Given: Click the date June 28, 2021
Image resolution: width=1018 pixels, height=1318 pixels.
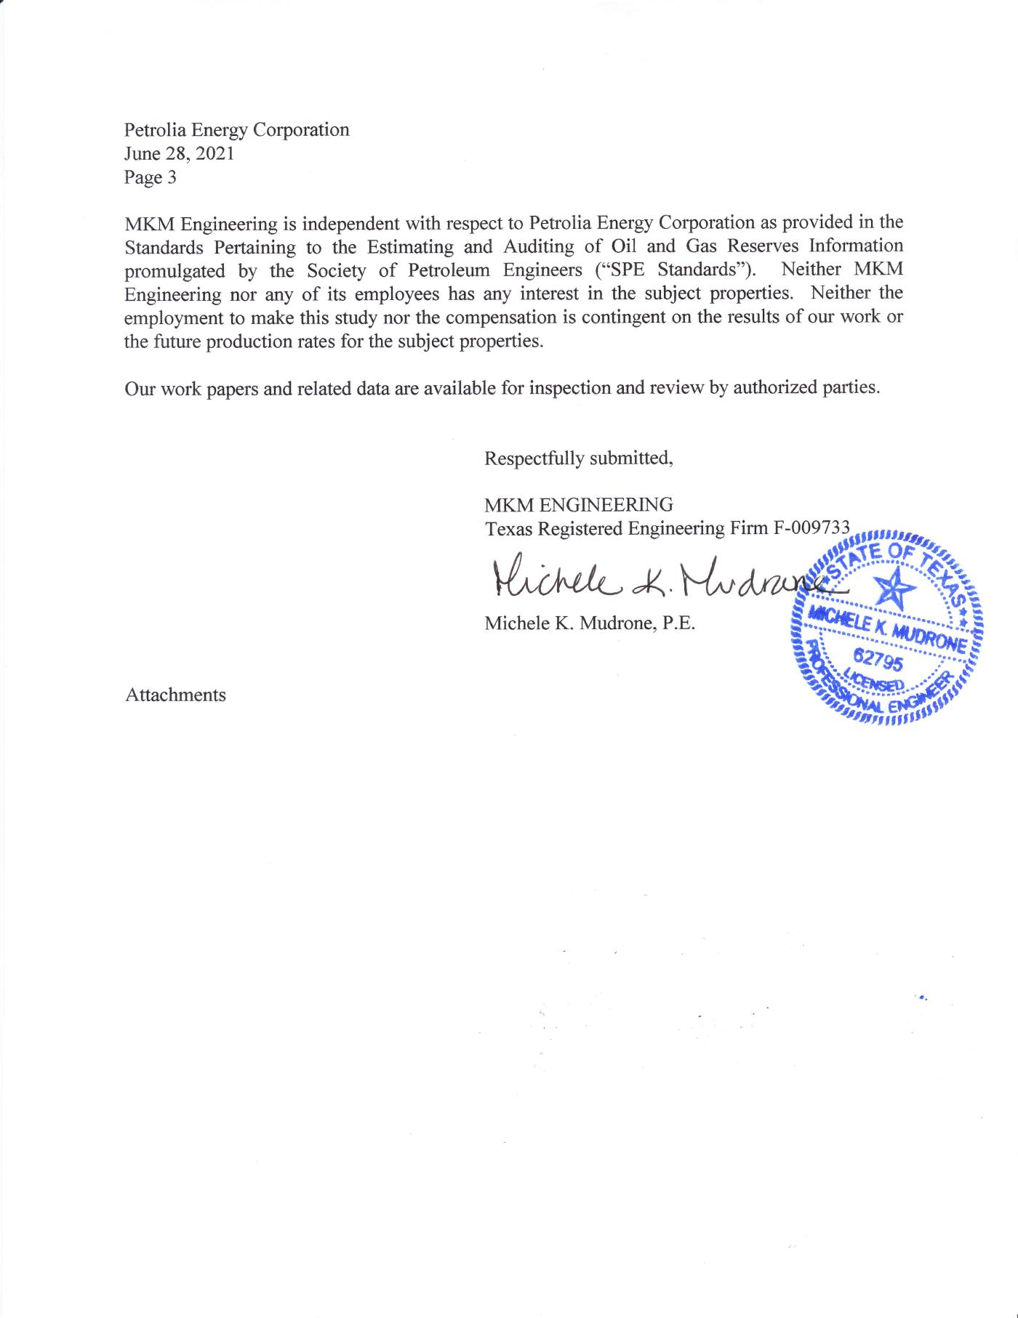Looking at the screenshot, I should [179, 153].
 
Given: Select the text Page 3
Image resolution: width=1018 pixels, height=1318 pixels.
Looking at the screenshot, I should [150, 177].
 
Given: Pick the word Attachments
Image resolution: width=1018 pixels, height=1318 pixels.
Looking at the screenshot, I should [175, 695].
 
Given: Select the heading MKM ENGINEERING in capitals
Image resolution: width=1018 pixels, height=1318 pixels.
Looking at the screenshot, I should [579, 504].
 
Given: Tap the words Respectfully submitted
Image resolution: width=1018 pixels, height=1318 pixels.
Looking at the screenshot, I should [579, 458].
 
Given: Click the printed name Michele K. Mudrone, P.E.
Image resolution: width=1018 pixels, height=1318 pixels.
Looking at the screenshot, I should [590, 623].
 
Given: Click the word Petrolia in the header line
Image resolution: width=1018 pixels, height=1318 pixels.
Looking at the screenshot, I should [151, 129].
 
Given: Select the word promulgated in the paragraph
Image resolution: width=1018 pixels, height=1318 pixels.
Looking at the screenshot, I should [175, 270].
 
